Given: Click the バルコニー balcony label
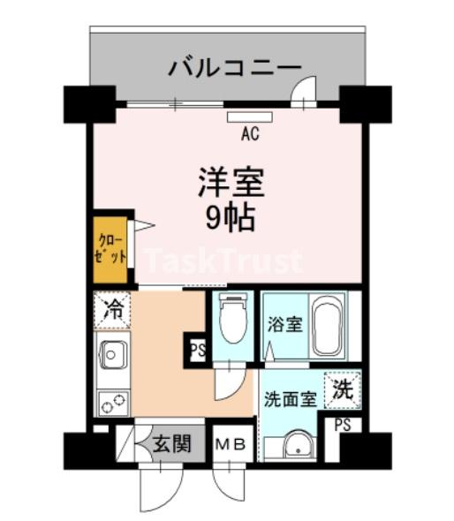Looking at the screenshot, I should tap(235, 67).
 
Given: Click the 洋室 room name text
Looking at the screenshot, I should tap(231, 184).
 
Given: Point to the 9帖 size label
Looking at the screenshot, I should tap(231, 216).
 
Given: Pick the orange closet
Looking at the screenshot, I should tap(111, 248).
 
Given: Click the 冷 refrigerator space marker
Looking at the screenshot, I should tap(113, 309).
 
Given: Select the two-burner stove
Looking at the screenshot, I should tap(112, 401).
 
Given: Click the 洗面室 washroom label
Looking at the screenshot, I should tap(290, 398).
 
